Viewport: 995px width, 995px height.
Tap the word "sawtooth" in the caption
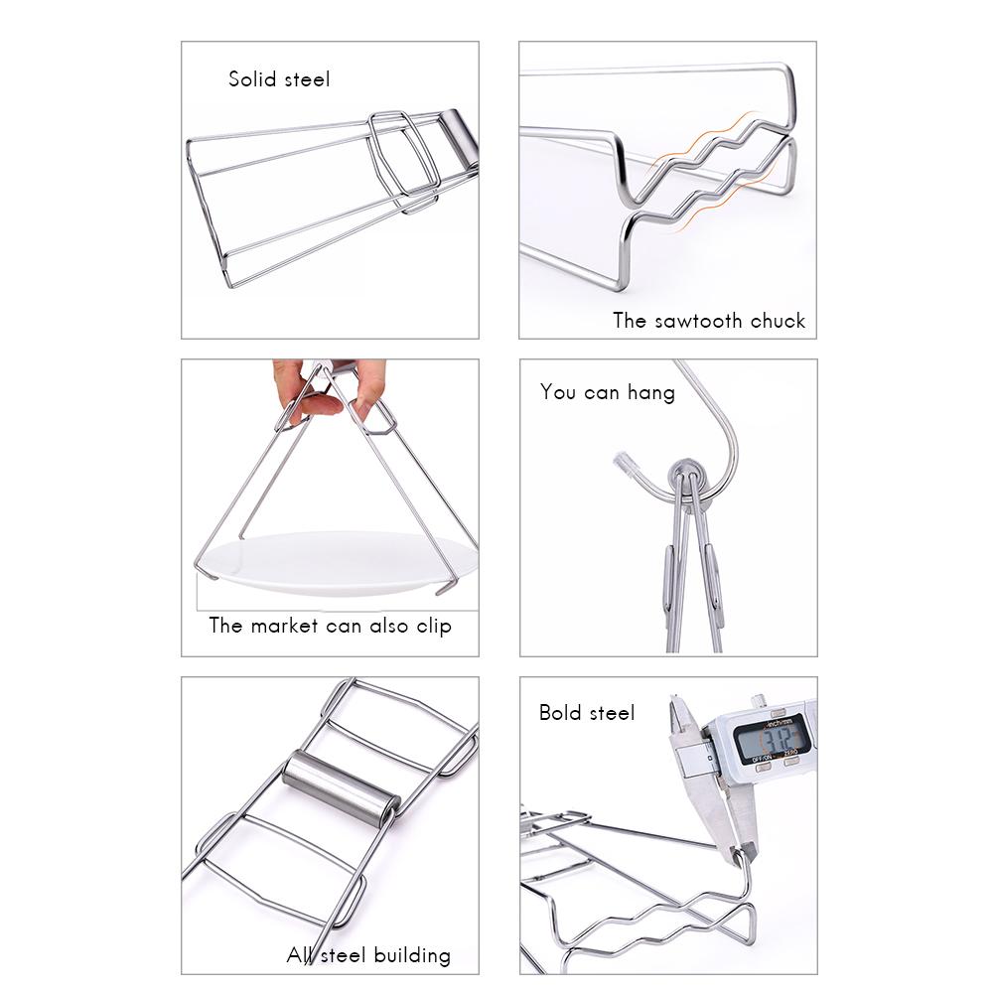698,321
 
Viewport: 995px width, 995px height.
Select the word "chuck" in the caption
779,321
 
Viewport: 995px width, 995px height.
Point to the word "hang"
650,392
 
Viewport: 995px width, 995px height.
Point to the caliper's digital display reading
776,740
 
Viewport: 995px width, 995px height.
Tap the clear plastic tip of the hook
625,462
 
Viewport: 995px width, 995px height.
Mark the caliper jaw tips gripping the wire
740,852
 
